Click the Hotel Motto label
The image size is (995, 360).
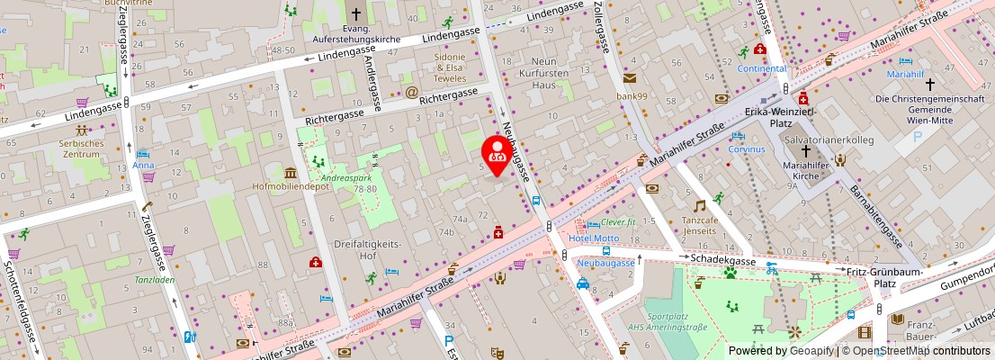point(594,238)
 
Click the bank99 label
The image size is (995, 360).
point(632,96)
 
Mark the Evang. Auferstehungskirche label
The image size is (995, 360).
point(355,34)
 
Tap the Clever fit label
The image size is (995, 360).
point(618,221)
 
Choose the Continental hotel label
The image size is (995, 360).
point(761,68)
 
